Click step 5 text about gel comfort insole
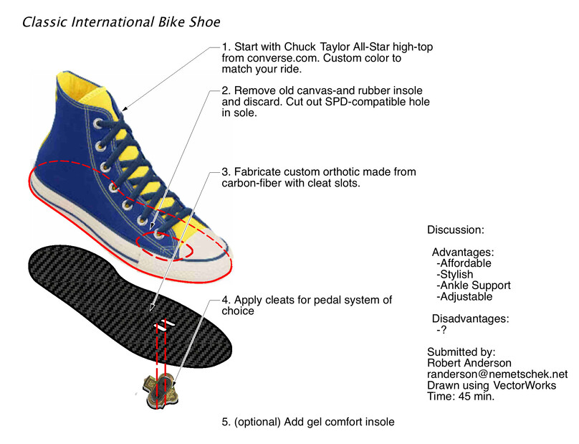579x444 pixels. (x=308, y=422)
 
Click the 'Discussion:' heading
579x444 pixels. (x=456, y=230)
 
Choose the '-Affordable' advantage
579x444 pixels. (x=464, y=263)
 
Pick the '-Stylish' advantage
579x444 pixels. (x=454, y=274)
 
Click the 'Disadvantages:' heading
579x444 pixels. (x=470, y=318)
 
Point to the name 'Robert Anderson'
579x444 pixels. (x=469, y=363)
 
